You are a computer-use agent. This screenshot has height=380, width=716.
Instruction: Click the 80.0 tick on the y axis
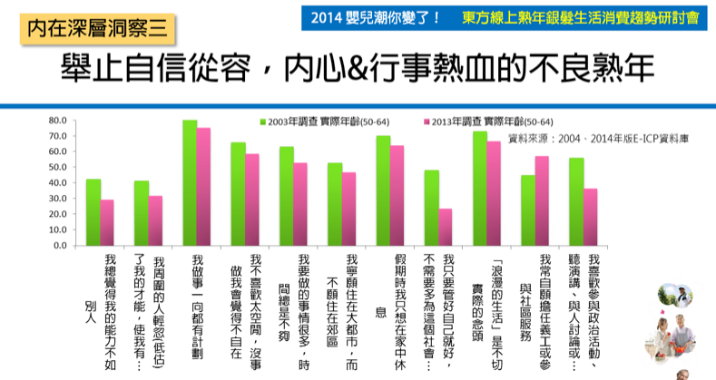click(58, 121)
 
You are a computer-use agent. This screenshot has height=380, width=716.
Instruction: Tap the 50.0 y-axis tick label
click(58, 168)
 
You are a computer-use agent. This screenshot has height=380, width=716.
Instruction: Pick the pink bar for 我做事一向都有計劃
click(204, 187)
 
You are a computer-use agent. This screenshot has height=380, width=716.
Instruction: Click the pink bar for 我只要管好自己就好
click(446, 228)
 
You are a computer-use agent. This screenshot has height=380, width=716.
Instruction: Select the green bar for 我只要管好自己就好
click(432, 208)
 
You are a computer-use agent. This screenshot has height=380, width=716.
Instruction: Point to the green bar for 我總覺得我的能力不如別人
click(93, 212)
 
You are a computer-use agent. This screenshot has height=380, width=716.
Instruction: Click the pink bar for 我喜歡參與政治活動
click(591, 218)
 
